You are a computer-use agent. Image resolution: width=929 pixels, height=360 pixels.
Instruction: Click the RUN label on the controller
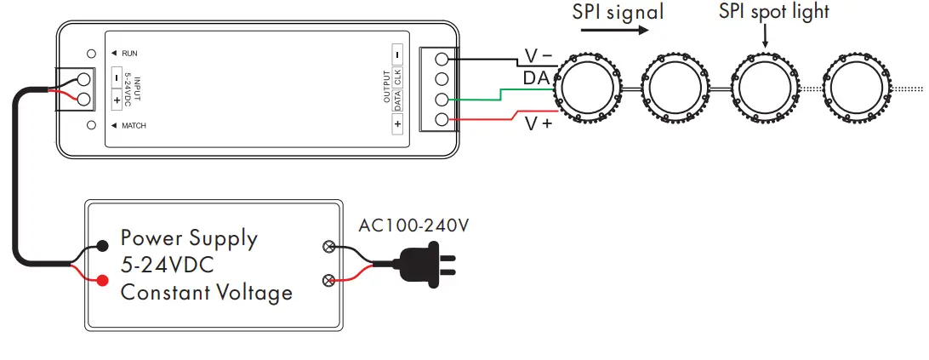tap(129, 54)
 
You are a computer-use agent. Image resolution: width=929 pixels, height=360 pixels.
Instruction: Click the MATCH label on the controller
tap(134, 126)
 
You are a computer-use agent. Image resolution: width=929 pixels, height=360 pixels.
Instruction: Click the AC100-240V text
tap(414, 226)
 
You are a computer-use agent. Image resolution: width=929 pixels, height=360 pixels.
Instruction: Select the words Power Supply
tap(188, 237)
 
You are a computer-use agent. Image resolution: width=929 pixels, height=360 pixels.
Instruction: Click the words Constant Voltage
tap(206, 293)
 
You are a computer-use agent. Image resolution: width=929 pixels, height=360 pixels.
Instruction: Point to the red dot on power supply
tap(103, 280)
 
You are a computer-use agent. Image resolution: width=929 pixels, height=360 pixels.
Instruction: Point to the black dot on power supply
tap(103, 246)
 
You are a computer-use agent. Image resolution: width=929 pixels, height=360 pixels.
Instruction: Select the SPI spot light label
tap(773, 11)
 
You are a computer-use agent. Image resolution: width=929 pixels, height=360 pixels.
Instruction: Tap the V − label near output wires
tap(538, 56)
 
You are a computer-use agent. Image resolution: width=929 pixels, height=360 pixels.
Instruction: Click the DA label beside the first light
tap(535, 78)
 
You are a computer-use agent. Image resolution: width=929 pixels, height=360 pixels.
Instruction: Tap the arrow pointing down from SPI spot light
tap(766, 36)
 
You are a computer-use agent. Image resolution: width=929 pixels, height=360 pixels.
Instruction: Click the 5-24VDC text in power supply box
tap(166, 265)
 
